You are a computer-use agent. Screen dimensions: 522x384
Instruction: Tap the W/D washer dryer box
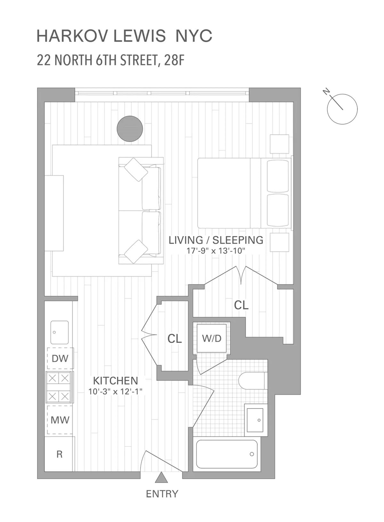tap(212, 338)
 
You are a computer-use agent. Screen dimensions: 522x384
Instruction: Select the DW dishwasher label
tap(60, 358)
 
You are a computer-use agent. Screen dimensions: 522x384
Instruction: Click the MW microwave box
tap(60, 420)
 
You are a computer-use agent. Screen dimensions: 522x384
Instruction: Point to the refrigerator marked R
tap(60, 454)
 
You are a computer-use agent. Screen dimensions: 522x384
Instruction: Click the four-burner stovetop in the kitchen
tap(59, 387)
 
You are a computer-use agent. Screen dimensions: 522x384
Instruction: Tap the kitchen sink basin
tap(60, 332)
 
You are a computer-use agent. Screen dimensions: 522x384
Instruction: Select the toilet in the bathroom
tap(252, 381)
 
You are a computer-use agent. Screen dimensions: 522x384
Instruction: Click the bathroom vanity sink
tap(256, 420)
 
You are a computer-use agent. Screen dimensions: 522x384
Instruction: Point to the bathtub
tap(227, 454)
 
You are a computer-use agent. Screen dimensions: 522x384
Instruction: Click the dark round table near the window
tap(130, 128)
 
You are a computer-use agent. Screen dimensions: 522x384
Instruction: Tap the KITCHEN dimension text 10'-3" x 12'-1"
tap(115, 391)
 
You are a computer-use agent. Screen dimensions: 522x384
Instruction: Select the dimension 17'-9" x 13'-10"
tap(216, 251)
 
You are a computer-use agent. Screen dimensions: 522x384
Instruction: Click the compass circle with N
tap(342, 109)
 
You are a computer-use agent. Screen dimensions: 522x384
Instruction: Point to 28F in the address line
tap(174, 60)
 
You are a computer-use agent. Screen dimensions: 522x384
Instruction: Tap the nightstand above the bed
tap(279, 144)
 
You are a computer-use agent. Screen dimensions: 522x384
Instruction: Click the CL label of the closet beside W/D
tap(175, 338)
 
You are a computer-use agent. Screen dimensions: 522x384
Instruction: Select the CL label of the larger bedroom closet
tap(241, 305)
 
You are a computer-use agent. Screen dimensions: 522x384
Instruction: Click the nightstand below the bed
tap(279, 242)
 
